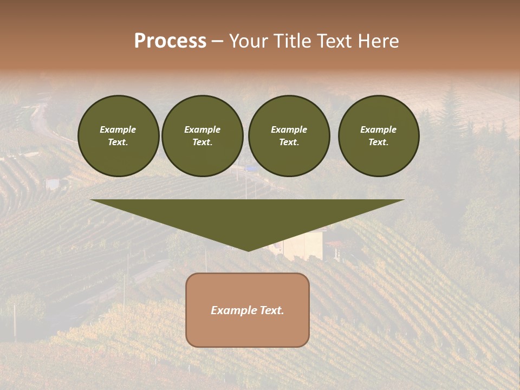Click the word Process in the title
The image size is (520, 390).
(x=170, y=41)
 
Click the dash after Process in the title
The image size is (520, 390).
(x=217, y=42)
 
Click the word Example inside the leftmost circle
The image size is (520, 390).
(x=118, y=129)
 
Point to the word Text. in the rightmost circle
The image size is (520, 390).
(x=379, y=142)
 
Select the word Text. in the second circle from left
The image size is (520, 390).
(x=203, y=142)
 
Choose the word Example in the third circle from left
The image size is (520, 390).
(x=289, y=129)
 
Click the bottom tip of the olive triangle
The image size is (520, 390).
(x=248, y=250)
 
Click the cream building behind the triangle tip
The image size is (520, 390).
(x=306, y=246)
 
